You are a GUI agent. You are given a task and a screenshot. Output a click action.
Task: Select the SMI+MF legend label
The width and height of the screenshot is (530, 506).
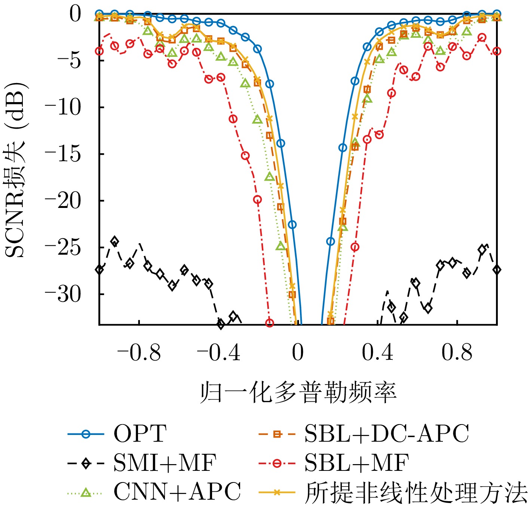pyautogui.click(x=165, y=463)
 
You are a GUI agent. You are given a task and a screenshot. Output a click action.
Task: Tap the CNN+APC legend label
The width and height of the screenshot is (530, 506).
pyautogui.click(x=177, y=492)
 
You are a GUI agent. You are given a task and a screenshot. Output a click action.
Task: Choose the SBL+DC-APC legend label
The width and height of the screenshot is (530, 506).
pyautogui.click(x=386, y=434)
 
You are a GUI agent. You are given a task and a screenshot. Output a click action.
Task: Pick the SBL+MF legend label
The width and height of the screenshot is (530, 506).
pyautogui.click(x=356, y=463)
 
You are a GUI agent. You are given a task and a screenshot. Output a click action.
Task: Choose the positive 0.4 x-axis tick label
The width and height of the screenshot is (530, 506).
pyautogui.click(x=377, y=353)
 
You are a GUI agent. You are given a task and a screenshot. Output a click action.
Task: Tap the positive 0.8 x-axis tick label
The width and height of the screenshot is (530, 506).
pyautogui.click(x=457, y=353)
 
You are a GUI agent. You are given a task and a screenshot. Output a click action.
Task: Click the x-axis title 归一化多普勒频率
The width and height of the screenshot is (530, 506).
pyautogui.click(x=298, y=393)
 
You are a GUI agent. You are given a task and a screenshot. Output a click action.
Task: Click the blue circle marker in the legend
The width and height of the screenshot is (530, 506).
pyautogui.click(x=86, y=434)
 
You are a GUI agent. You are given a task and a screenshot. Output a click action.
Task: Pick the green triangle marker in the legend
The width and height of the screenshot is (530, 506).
pyautogui.click(x=86, y=493)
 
